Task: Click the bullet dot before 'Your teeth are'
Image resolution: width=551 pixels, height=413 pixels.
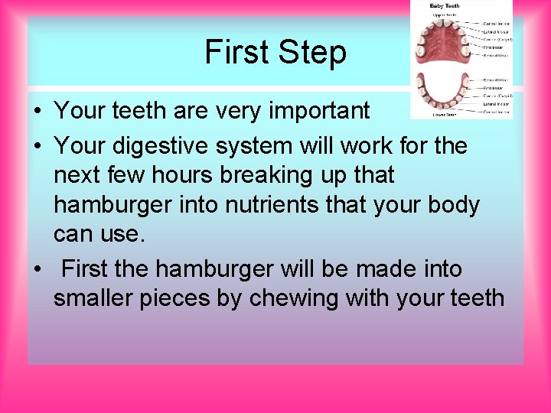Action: pos(37,112)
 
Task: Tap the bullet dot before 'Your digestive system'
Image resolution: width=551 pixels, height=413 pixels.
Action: pos(37,146)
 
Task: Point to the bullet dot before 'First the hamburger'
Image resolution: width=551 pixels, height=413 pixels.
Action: pos(37,270)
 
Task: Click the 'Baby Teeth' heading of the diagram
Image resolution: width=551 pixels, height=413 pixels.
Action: pos(445,6)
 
